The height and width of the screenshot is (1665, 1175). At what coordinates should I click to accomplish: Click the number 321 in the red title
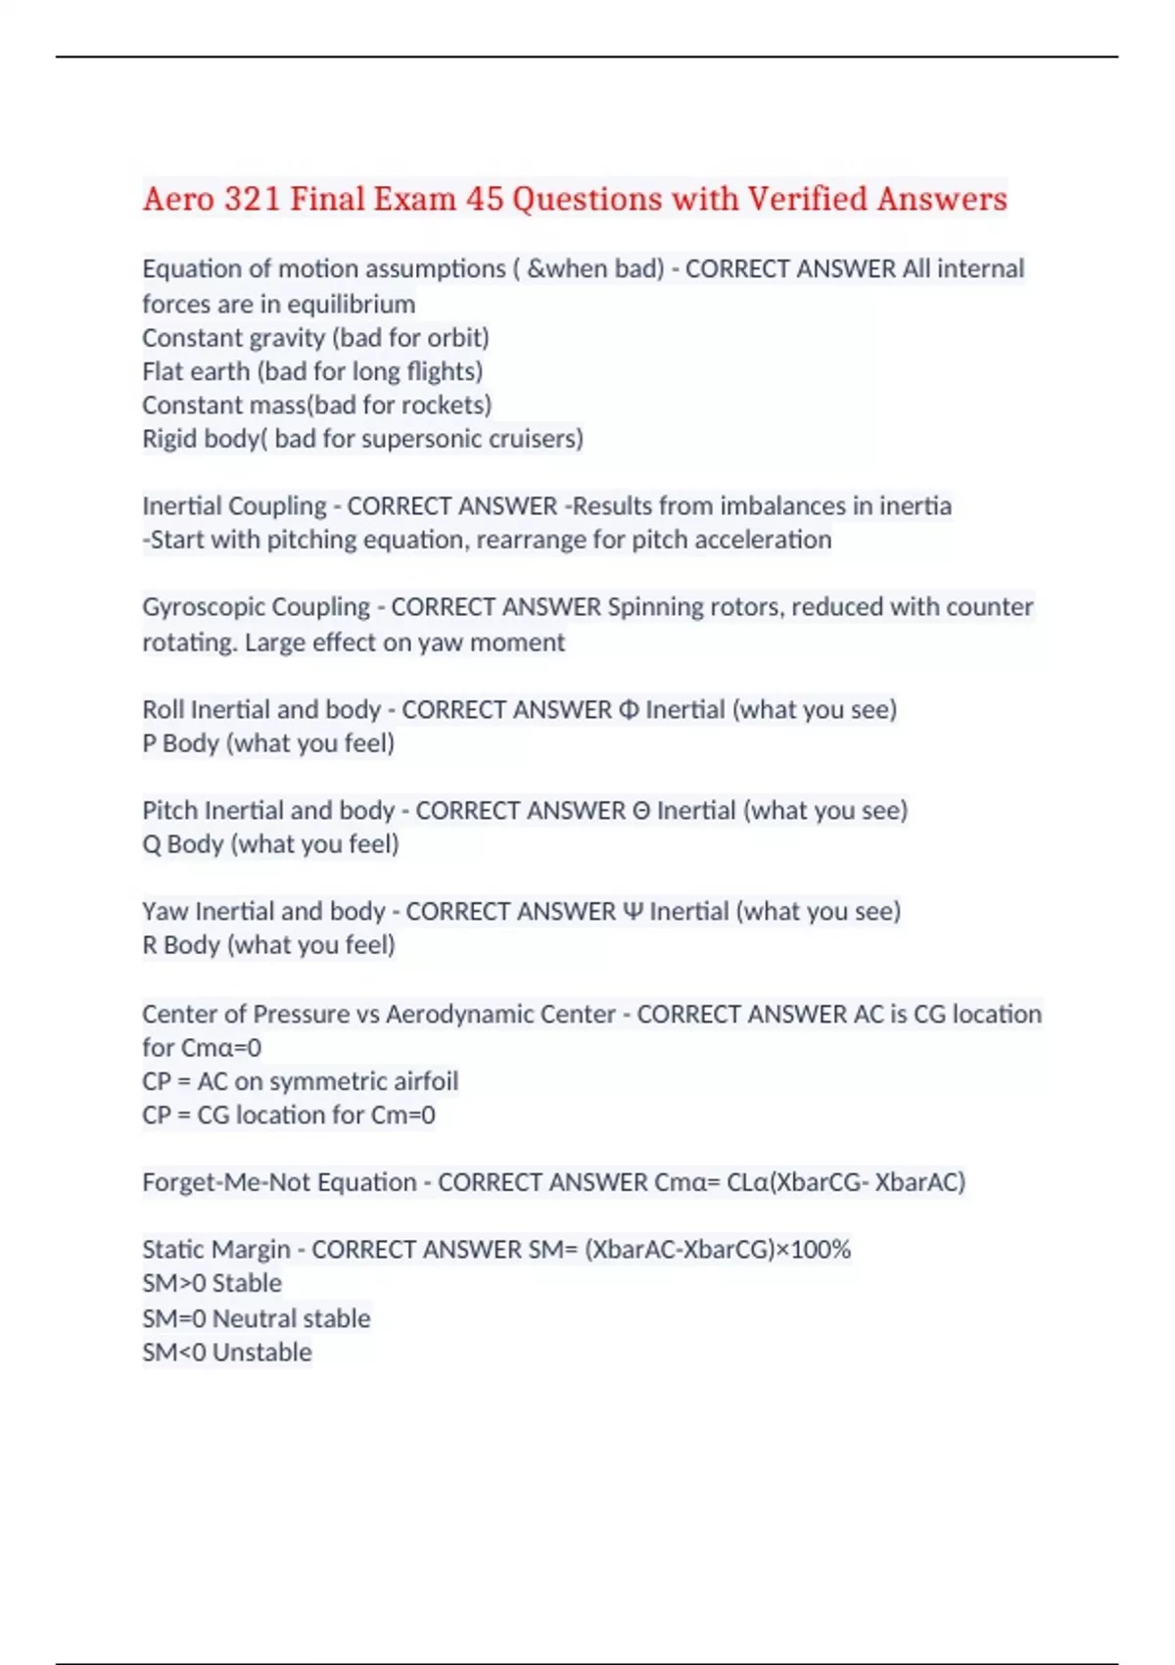click(252, 199)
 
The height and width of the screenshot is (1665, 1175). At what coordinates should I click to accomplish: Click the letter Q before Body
click(151, 844)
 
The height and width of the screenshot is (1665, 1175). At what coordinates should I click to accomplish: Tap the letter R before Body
click(150, 945)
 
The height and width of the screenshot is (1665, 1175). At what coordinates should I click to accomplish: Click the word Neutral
click(250, 1318)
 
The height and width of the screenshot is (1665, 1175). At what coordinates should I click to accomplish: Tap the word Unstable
click(261, 1353)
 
